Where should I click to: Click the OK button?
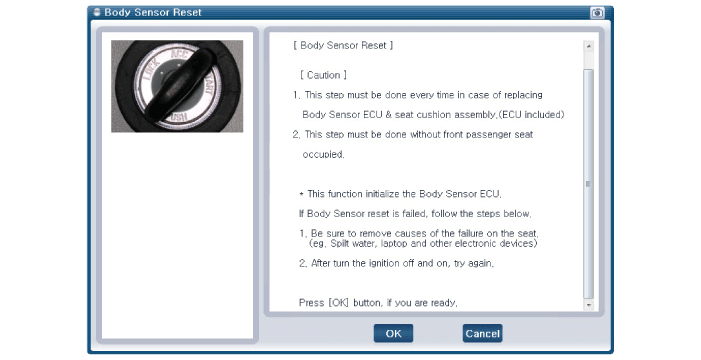[393, 334]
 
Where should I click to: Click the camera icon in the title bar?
[597, 13]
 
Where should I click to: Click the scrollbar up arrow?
[589, 46]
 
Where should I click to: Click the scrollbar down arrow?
[589, 305]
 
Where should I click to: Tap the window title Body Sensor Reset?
[153, 13]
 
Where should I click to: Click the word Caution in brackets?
[324, 75]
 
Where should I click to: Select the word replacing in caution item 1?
[523, 95]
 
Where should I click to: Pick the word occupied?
[323, 155]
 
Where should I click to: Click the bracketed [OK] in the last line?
[338, 303]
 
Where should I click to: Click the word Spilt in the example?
[340, 244]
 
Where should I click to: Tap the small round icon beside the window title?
[97, 13]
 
